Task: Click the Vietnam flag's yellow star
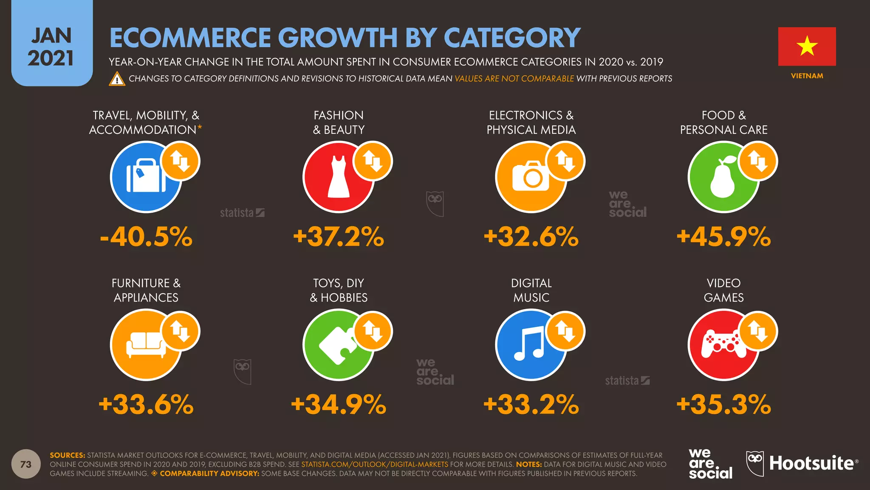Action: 807,46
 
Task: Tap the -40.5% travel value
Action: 146,236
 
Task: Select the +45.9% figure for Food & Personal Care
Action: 723,236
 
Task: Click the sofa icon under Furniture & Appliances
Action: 146,345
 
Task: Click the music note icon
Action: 529,344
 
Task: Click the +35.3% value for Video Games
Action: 723,404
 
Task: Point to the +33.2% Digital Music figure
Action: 531,404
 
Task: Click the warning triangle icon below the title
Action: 117,79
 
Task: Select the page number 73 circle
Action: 26,464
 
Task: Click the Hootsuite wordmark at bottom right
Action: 811,463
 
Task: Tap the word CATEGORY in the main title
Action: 512,38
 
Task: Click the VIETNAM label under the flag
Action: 807,76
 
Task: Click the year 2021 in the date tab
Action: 51,58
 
